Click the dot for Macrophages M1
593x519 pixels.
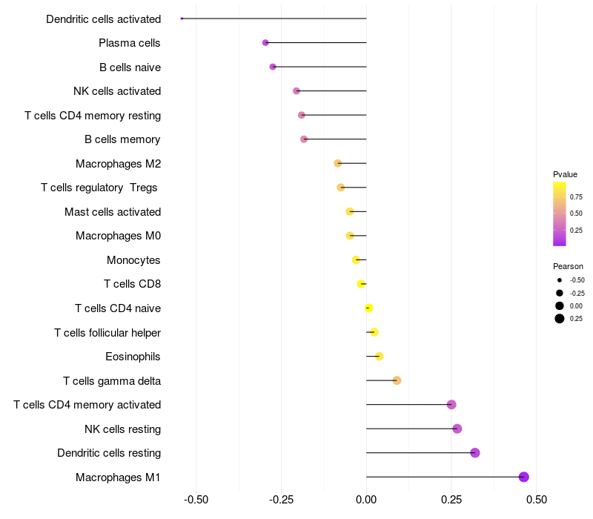(x=524, y=477)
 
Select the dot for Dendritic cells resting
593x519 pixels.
(x=475, y=453)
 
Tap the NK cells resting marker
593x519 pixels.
(x=457, y=429)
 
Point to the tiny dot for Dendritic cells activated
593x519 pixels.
(x=182, y=19)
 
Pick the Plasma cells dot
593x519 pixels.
(x=265, y=43)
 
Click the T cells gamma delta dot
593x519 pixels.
(x=397, y=380)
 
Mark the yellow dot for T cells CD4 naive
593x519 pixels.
(x=368, y=308)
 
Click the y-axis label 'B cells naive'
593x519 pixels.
(x=130, y=67)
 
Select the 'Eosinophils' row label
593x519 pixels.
(x=133, y=357)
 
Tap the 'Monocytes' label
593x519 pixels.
(x=133, y=260)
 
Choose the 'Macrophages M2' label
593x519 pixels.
(x=118, y=164)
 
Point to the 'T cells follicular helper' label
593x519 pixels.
(x=107, y=333)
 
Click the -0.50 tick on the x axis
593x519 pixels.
(x=196, y=500)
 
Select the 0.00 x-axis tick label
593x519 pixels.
(x=366, y=500)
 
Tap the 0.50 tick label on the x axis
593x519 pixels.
(x=536, y=500)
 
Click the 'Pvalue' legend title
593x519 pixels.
(x=565, y=174)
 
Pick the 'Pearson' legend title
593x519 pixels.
(x=568, y=266)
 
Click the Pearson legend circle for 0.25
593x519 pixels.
(x=560, y=319)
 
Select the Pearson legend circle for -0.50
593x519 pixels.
(x=560, y=280)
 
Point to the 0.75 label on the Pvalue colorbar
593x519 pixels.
(x=576, y=196)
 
